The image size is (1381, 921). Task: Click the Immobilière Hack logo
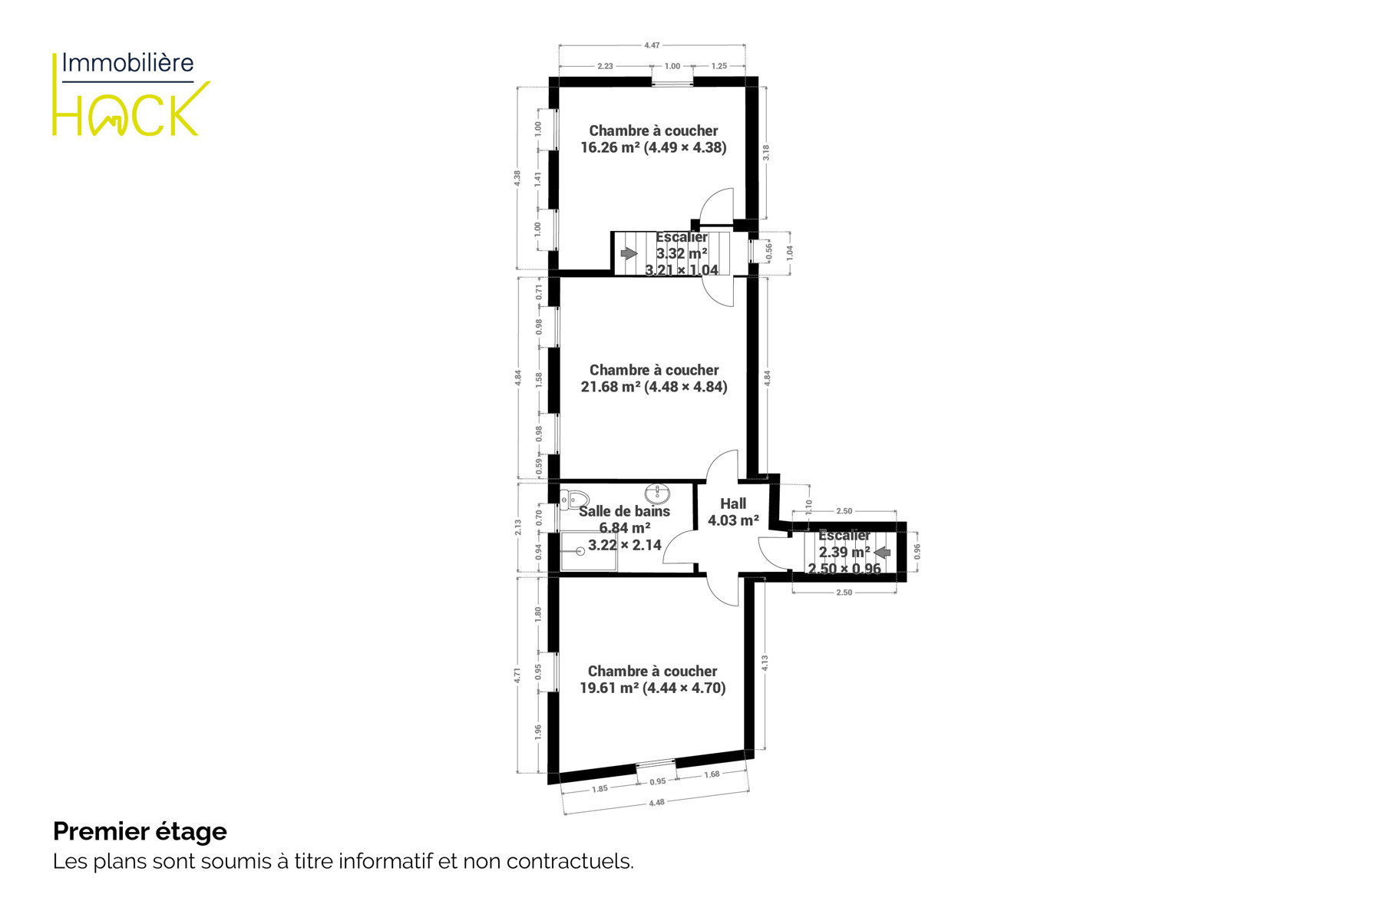coord(131,94)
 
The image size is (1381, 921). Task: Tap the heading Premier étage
coord(140,831)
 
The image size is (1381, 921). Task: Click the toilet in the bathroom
coord(574,500)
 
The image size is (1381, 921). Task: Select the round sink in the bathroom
coord(657,494)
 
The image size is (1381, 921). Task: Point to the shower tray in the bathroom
coord(589,551)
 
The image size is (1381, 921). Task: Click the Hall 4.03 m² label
coord(733,512)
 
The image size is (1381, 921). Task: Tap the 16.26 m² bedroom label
coord(653,139)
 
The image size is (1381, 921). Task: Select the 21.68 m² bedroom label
coord(654,378)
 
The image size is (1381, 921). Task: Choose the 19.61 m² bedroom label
coord(653,679)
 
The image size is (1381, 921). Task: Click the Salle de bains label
coord(624,511)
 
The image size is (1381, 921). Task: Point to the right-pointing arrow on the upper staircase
coord(629,253)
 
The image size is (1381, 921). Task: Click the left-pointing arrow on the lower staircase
coord(882,552)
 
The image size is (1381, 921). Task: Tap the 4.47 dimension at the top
coord(652,45)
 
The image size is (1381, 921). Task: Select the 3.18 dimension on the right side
coord(765,153)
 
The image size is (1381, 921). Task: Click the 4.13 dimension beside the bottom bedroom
coord(765,663)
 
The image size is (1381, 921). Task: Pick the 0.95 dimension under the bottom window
coord(658,782)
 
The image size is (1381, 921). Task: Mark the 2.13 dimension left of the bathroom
coord(518,527)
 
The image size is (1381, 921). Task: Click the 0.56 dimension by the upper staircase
coord(769,252)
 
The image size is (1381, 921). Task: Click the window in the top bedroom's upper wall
coord(672,82)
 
